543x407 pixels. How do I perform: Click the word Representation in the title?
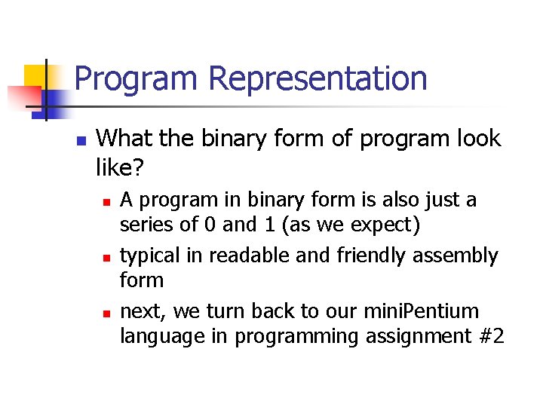pyautogui.click(x=318, y=78)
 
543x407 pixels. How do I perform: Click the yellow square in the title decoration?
pyautogui.click(x=35, y=75)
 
